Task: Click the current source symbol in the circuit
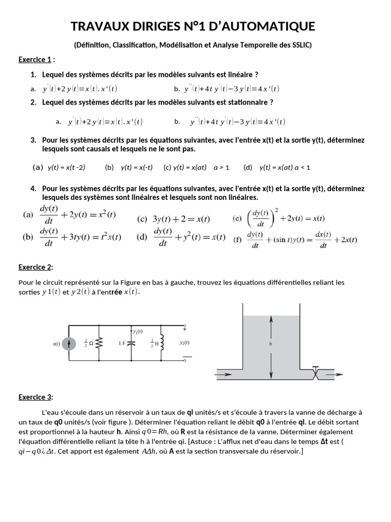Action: [70, 344]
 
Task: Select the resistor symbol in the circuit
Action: [99, 343]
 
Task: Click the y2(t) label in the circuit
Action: [184, 343]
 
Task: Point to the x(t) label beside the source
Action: [56, 344]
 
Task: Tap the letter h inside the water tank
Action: [270, 344]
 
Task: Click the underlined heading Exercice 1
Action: [35, 60]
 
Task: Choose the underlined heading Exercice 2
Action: [35, 267]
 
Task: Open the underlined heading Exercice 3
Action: [35, 397]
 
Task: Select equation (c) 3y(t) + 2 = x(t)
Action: [174, 219]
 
